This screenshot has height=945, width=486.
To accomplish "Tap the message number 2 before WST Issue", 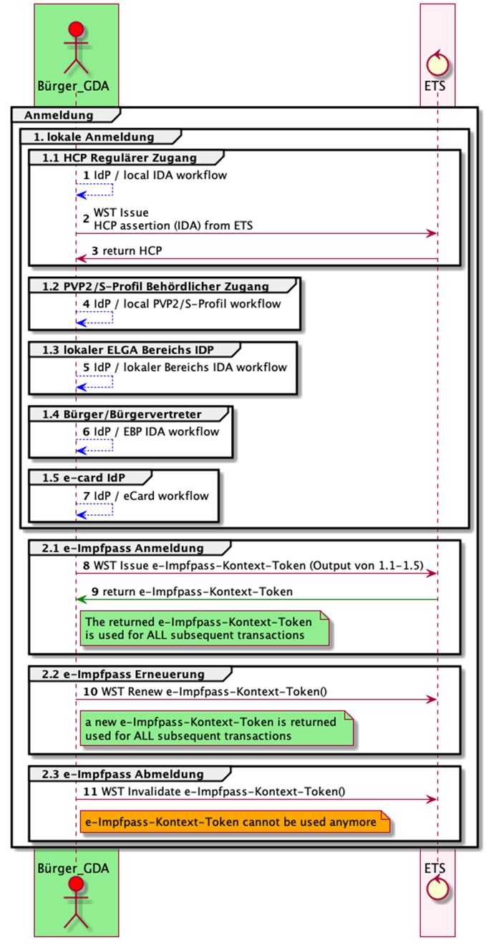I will point(86,218).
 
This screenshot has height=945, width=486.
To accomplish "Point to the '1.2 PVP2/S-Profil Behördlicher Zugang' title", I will point(155,286).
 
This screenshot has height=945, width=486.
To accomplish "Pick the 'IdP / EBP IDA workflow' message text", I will point(157,431).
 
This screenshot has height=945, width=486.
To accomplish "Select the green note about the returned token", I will point(205,628).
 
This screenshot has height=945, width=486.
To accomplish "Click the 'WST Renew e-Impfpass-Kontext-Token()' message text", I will point(200,692).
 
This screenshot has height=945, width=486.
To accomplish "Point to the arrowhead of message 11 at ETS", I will point(432,798).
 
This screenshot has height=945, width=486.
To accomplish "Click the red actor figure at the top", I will point(75,46).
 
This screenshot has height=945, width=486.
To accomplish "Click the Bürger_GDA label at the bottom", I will point(75,868).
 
